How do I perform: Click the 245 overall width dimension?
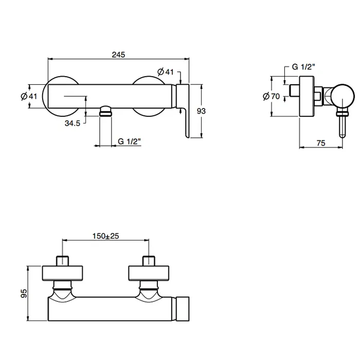coord(118,55)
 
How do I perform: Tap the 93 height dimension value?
coord(201,111)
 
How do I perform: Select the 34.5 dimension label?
coord(73,123)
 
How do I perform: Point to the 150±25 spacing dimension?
coord(106,236)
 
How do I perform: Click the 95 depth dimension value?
coord(24,294)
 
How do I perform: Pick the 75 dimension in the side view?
coord(321,143)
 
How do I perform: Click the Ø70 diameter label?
coord(272,96)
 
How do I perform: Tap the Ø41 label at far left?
coord(29,96)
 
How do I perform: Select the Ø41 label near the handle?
coord(165,72)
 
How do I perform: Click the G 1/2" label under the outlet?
coord(129,141)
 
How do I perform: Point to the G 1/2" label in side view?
coord(303,67)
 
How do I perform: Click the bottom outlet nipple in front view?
coord(105,111)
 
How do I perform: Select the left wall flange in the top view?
coord(62,273)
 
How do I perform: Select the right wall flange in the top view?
coord(149,273)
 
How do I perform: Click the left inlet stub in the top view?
coord(62,261)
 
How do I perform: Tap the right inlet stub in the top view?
coord(149,261)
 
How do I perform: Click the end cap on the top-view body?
coord(183,309)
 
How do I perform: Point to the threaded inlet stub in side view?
coord(294,91)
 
